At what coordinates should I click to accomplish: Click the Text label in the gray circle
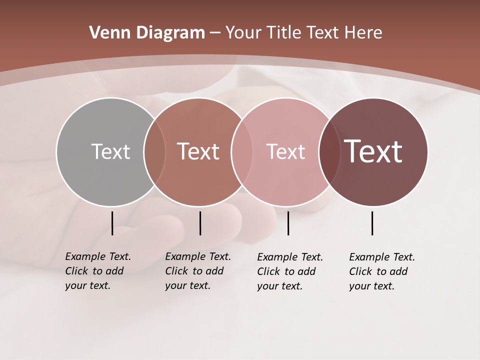coord(110,151)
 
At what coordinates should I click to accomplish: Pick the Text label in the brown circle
coord(198,151)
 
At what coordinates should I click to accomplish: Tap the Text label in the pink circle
coord(285,151)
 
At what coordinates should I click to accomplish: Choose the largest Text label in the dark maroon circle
coord(373,151)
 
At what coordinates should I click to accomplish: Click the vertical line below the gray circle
coord(112,223)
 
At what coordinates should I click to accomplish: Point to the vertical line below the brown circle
coord(200,223)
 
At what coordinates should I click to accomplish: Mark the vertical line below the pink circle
coord(288,223)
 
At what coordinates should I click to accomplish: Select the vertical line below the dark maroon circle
coord(372,223)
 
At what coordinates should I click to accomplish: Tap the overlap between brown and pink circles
coord(241,151)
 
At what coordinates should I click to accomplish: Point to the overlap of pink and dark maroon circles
coord(329,151)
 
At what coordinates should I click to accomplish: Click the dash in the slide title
coord(215,33)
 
